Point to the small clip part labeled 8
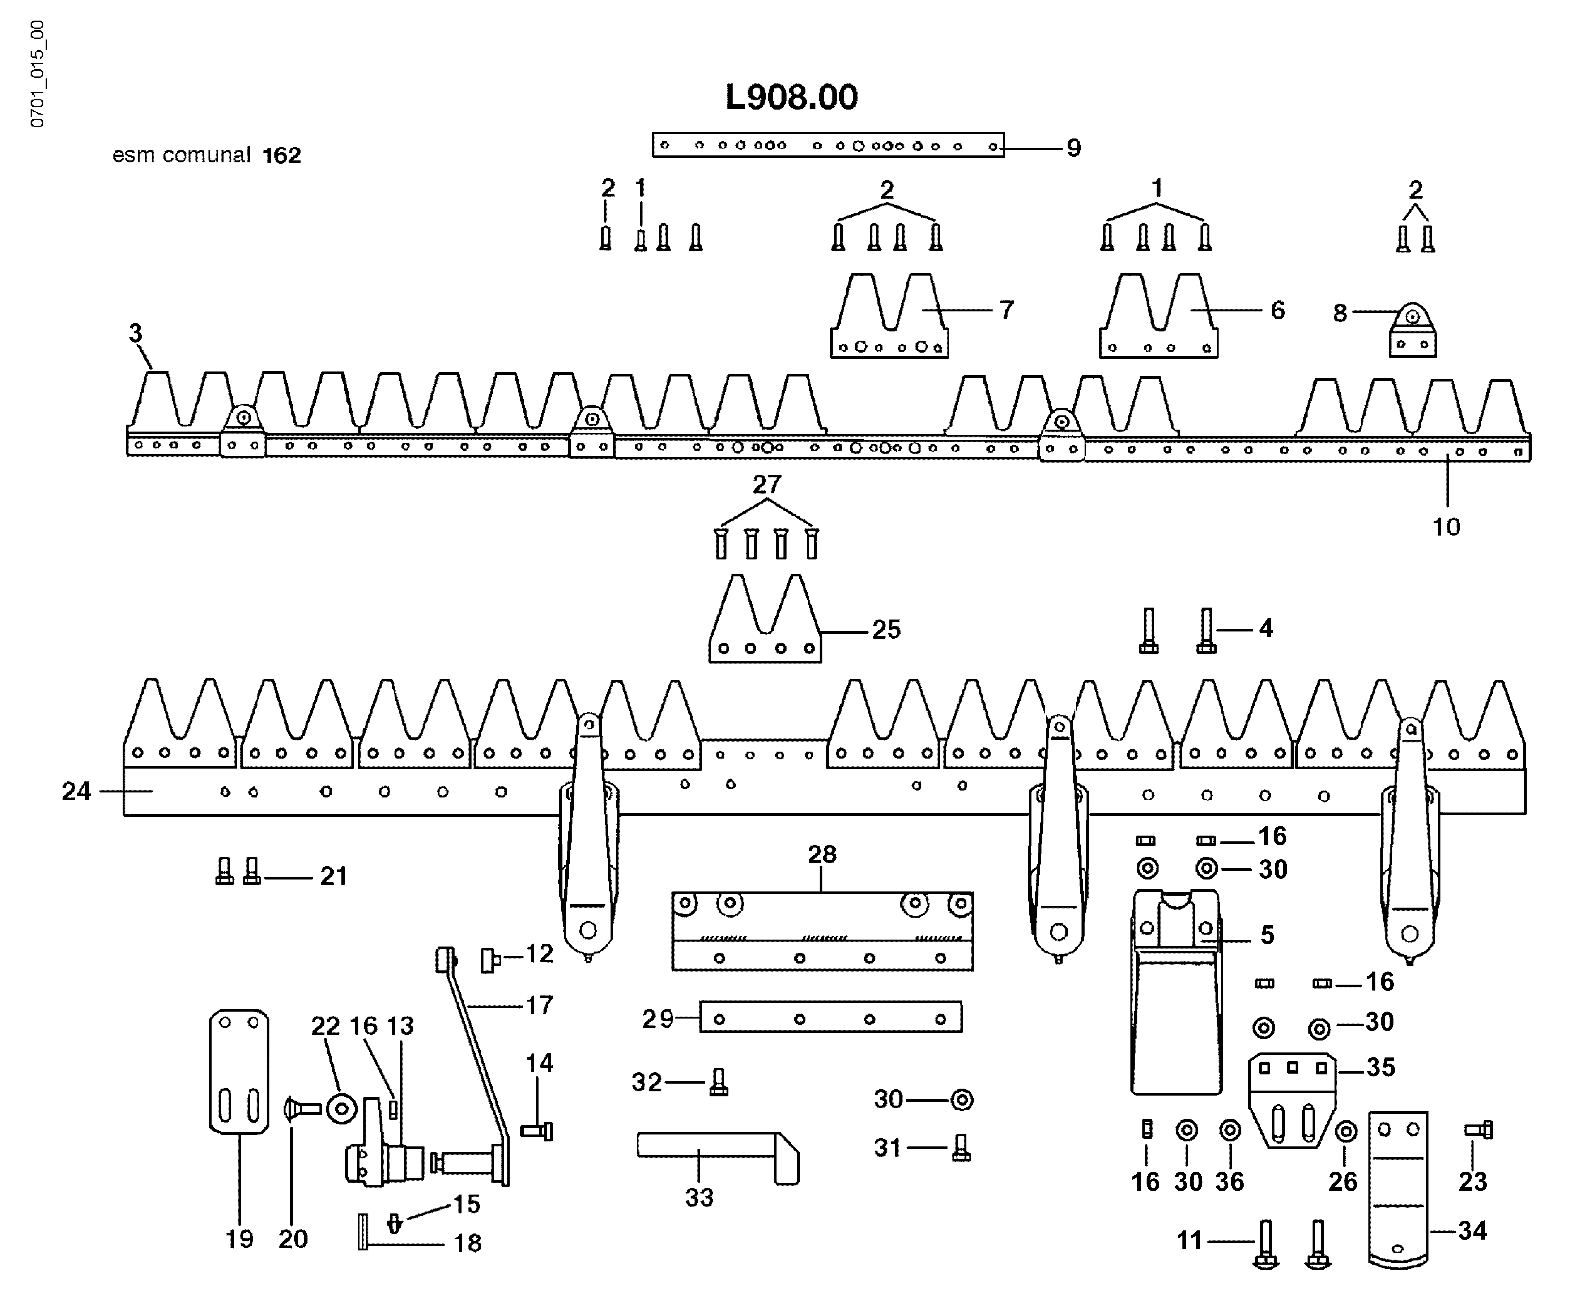1412,333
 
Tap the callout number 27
766,485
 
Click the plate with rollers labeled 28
822,931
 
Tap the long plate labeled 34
1398,1189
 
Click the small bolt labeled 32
718,1082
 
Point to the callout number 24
76,791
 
